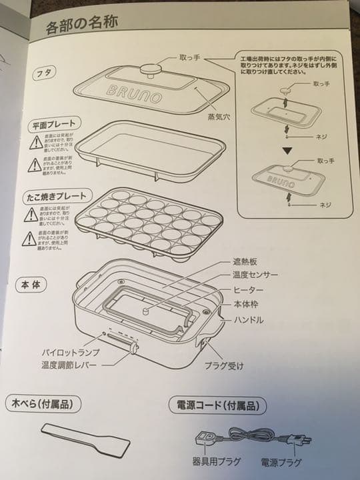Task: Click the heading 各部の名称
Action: point(81,27)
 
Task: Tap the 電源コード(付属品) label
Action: point(218,405)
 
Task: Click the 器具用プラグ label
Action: point(209,462)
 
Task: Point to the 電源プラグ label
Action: point(279,462)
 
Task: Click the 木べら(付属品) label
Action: point(43,403)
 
